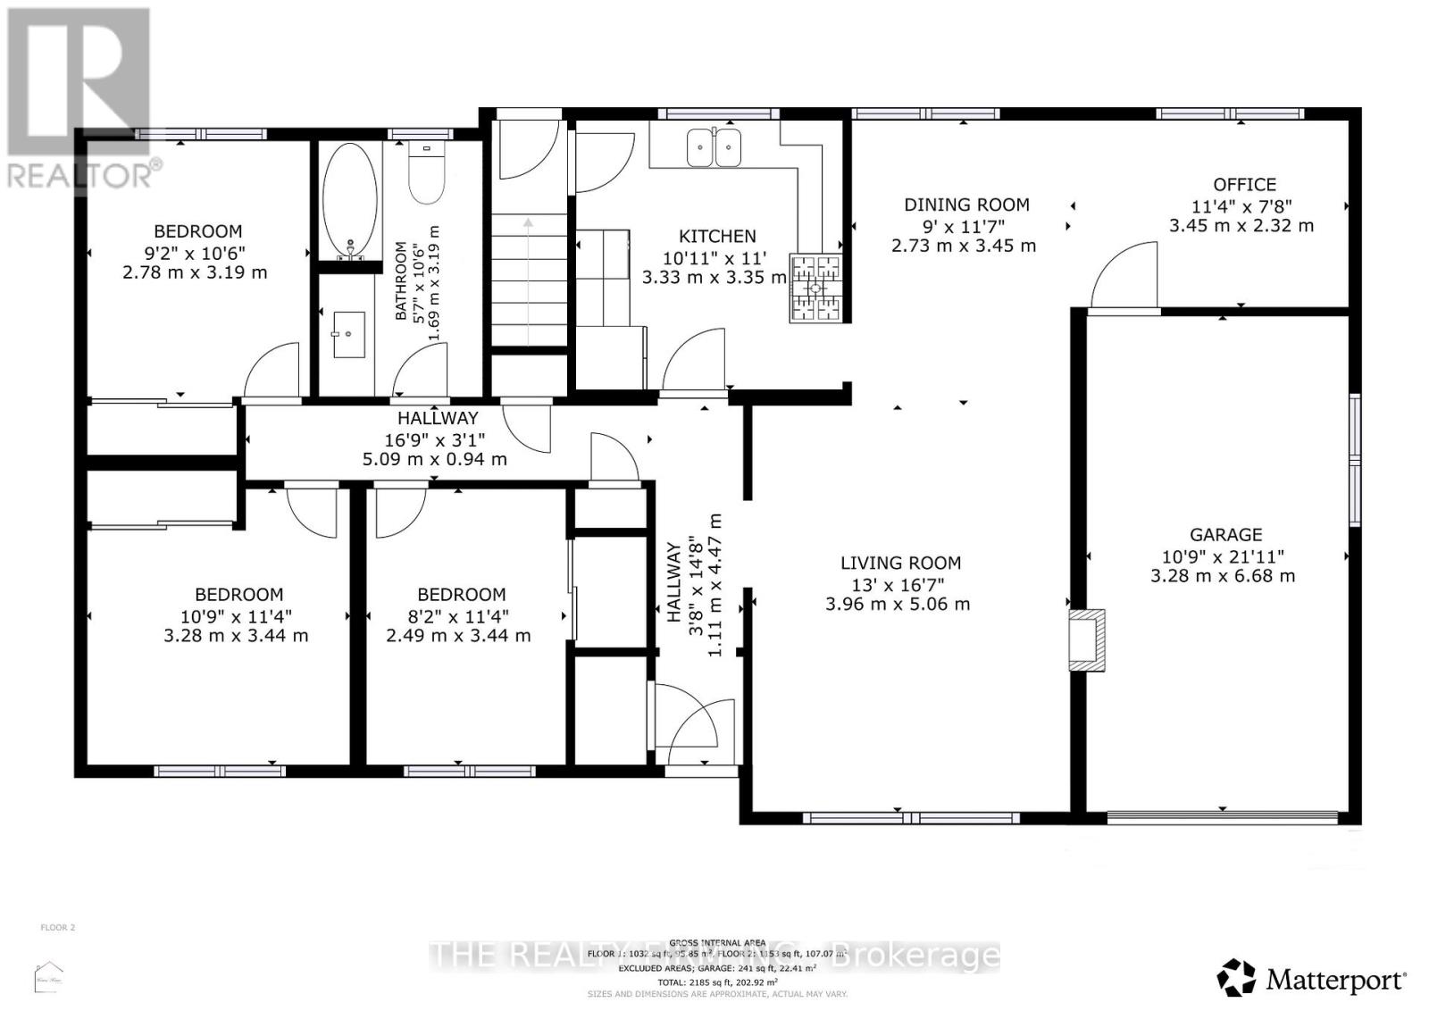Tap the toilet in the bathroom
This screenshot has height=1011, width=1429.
426,175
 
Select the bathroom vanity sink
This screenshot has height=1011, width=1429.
348,334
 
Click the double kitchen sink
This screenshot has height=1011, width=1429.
714,147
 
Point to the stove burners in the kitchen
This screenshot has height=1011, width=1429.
815,288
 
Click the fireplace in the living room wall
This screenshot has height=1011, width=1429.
1087,639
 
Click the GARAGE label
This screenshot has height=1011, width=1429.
1225,534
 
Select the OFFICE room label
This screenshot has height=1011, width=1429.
1244,185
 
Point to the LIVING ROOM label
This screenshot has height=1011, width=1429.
900,563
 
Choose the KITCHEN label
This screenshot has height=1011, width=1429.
717,236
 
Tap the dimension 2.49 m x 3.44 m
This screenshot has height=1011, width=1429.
458,636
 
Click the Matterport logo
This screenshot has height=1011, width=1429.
1312,980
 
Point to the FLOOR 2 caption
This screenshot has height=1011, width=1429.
58,927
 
